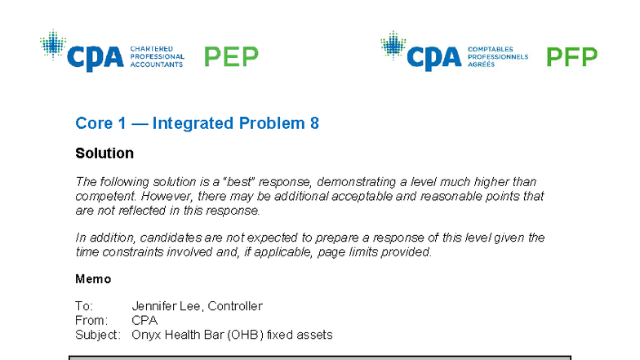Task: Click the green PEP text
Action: pos(231,56)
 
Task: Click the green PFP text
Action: pos(571,56)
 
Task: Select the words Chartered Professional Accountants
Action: pos(157,56)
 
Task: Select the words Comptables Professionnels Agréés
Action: pos(497,56)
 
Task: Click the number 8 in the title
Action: pos(314,123)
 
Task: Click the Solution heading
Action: pos(104,153)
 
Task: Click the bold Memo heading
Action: pos(93,279)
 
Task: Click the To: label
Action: pos(83,306)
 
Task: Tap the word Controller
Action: pos(235,306)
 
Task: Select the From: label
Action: pos(90,321)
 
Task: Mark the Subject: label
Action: pos(98,335)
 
